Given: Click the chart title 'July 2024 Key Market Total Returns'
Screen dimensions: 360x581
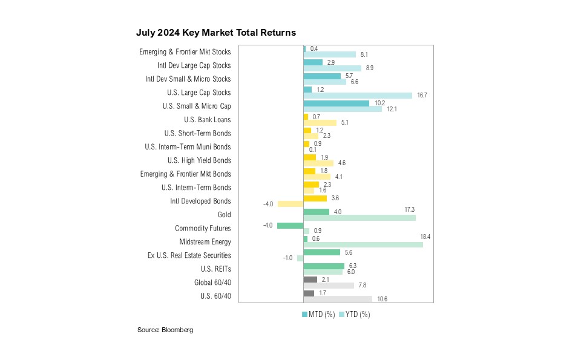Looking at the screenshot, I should click(216, 32).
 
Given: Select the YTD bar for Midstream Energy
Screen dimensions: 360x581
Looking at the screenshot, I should click(363, 244).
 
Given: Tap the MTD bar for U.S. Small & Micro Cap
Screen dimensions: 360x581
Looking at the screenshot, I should click(336, 103).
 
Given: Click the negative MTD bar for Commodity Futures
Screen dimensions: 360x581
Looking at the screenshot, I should click(290, 225).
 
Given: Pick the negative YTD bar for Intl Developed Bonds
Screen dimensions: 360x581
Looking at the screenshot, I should click(290, 204).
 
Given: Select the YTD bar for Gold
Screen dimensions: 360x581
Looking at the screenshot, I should click(359, 217).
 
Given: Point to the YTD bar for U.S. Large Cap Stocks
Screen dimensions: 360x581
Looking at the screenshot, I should click(358, 95).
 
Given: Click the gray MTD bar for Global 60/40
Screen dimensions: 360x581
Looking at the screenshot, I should click(310, 280).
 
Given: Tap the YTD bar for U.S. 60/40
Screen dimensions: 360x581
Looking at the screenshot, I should click(338, 299).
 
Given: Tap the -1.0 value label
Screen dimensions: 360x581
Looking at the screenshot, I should click(288, 258).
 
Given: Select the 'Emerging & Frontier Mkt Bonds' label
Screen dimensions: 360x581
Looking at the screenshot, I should click(185, 174).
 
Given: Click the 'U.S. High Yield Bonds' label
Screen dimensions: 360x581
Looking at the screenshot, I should click(199, 160).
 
